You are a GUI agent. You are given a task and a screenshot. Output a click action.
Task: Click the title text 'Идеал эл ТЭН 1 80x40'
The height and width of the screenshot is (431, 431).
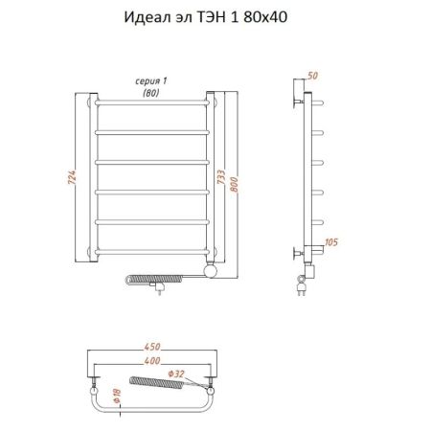point(215,15)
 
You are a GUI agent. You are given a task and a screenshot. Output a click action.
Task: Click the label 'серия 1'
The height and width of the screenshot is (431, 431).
point(152,82)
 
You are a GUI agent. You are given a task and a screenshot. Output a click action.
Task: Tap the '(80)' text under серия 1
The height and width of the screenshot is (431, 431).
point(150,93)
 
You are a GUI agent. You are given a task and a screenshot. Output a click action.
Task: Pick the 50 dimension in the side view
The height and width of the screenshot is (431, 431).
point(314,75)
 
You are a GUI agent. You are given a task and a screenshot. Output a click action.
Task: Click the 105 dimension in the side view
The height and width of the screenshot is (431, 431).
point(330,241)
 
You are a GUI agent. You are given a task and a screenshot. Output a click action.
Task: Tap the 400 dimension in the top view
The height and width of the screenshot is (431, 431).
point(151,360)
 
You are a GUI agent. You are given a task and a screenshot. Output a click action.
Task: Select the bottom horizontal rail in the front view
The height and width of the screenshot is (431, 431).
point(152,250)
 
